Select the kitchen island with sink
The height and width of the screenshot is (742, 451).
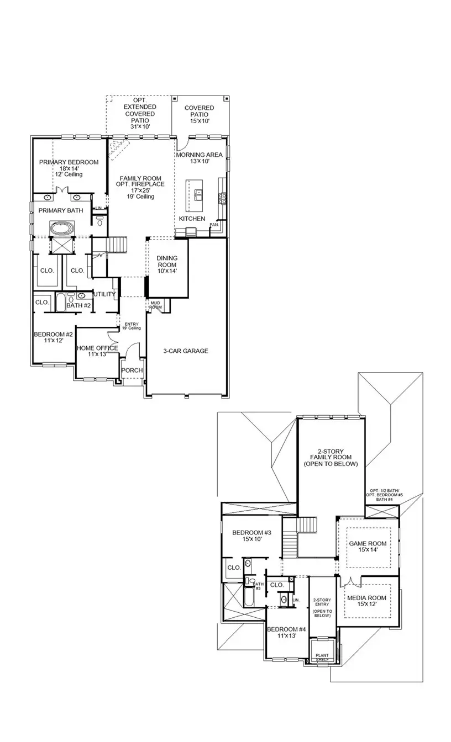click(195, 194)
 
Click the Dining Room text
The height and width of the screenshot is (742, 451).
click(166, 264)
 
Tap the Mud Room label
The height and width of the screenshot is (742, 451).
click(155, 305)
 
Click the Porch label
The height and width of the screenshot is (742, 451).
click(132, 370)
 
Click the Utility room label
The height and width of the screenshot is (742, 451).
click(104, 294)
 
